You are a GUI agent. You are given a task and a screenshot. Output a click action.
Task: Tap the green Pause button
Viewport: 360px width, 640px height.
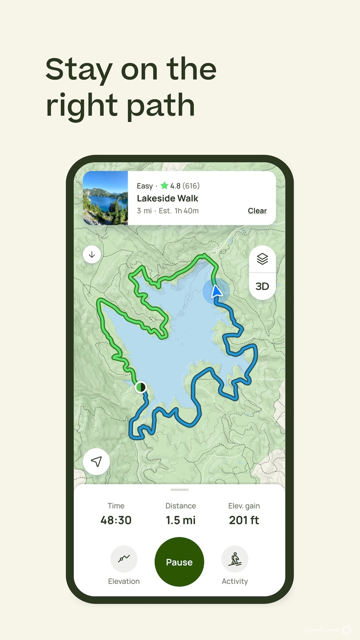coord(179,562)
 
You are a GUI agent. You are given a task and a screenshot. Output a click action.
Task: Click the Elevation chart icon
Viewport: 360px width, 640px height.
coord(124,559)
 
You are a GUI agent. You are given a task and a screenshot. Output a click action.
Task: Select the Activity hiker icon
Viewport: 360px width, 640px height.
coord(235,559)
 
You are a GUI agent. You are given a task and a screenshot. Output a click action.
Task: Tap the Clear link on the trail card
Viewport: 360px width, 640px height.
coord(257,211)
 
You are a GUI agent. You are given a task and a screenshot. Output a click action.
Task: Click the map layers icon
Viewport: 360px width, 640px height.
coord(262,259)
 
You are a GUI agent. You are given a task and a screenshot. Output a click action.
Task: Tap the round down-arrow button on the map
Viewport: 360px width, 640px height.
coord(92,255)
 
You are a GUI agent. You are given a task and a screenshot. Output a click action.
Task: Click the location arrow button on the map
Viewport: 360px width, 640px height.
coord(96,462)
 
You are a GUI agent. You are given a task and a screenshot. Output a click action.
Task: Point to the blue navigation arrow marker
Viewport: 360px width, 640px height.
coord(216,291)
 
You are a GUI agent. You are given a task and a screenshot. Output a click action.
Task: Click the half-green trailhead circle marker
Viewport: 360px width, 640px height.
coord(141,387)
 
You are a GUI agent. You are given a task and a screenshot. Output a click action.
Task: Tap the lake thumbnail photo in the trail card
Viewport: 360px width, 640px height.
coord(106,198)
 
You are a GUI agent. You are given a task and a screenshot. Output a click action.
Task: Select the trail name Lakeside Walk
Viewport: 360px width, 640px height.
coord(168,198)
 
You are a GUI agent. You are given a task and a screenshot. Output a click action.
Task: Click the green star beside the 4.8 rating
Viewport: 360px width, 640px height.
coord(164,186)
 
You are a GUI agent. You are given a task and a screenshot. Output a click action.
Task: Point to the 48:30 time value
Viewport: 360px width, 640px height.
coord(116,520)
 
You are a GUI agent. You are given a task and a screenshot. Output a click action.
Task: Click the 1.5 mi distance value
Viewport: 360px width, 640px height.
coord(180,520)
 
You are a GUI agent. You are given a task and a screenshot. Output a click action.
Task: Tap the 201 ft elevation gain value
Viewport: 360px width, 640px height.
coord(244,520)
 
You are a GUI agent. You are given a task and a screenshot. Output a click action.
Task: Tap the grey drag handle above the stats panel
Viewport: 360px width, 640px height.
coord(180,490)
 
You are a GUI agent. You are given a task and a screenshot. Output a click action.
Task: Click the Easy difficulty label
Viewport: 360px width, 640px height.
coord(144,186)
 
